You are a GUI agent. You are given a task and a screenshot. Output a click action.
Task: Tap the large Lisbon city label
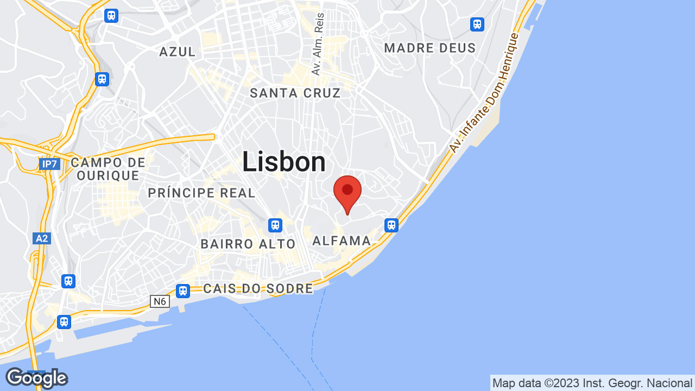coord(284,162)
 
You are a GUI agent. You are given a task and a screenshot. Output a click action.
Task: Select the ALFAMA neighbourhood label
coord(342,241)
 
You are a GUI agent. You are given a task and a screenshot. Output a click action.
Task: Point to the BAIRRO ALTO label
coord(248,244)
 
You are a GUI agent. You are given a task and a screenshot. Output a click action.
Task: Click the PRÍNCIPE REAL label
coord(201,193)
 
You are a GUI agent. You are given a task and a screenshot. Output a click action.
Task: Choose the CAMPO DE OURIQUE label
coord(108,169)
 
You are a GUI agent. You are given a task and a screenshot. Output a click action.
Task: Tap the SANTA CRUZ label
coord(295,93)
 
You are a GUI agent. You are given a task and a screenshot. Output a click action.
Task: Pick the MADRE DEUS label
coord(430,48)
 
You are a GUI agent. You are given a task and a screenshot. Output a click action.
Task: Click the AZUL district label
coord(178,52)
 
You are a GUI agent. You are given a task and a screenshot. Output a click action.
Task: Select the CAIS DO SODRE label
coord(258,288)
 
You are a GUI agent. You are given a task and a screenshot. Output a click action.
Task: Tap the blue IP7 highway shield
coord(49,164)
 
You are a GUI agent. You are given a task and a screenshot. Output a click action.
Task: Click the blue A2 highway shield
coord(42,238)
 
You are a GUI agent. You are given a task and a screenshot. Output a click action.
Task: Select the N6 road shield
coord(160,301)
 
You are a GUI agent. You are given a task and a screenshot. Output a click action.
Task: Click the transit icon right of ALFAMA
coord(391,225)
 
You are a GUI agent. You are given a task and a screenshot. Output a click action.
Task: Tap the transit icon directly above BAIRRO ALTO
coord(275,225)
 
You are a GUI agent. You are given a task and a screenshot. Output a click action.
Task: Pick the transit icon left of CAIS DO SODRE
coord(183,291)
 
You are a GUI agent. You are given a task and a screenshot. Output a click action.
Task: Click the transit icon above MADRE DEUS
coord(477,24)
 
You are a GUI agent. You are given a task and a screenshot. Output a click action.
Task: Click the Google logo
coord(36,377)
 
